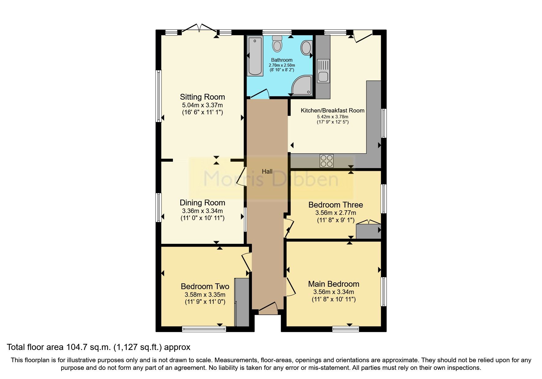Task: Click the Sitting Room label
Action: point(202,97)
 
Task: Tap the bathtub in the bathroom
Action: point(255,56)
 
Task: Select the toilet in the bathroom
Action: point(277,44)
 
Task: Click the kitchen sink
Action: point(323,71)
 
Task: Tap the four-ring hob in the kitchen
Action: point(326,161)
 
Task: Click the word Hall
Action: point(267,171)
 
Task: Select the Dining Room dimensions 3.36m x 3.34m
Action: point(202,211)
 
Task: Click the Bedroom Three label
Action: point(335,205)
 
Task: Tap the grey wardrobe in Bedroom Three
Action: point(368,231)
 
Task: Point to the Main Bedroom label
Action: point(333,284)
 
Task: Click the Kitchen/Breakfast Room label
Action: point(332,111)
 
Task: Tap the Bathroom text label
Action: point(282,60)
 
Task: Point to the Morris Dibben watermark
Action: point(271,179)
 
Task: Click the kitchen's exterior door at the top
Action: point(363,35)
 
